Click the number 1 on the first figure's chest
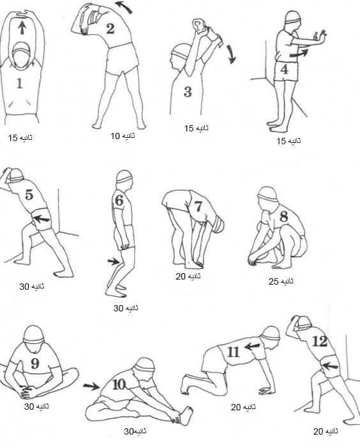[19, 83]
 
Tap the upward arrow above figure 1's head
[22, 28]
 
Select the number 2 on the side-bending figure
[110, 29]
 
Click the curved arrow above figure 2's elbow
[124, 7]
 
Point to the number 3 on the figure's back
[188, 92]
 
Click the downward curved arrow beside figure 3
[232, 54]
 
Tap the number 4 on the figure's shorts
[284, 70]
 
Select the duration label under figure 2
[123, 136]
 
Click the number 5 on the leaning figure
[29, 195]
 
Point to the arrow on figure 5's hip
[41, 219]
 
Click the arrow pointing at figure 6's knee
[114, 261]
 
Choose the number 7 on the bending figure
[198, 206]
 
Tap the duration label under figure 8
[281, 281]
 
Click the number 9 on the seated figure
[35, 363]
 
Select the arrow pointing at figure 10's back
[91, 387]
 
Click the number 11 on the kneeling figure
[233, 352]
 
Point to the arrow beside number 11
[253, 347]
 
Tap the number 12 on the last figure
[320, 341]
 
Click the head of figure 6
[124, 179]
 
